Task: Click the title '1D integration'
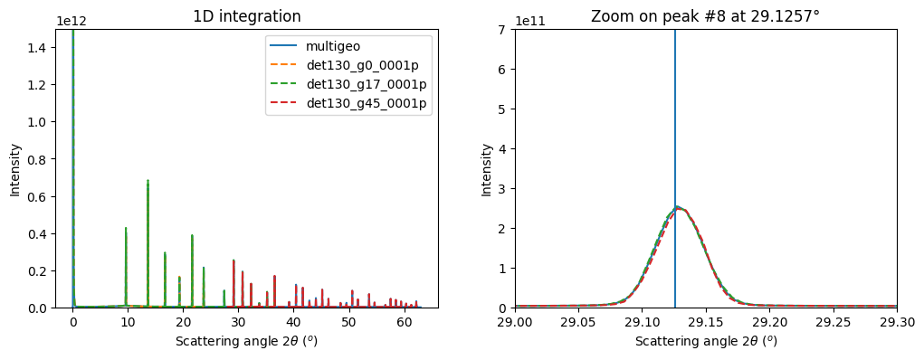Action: tap(247, 16)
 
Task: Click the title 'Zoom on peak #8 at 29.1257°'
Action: tap(705, 16)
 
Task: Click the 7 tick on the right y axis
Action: tap(502, 30)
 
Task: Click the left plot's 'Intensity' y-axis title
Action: tap(14, 168)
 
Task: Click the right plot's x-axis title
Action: tap(705, 341)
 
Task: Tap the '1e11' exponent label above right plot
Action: tap(529, 21)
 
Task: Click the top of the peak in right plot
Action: tap(678, 207)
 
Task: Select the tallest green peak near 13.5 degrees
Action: tap(148, 181)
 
